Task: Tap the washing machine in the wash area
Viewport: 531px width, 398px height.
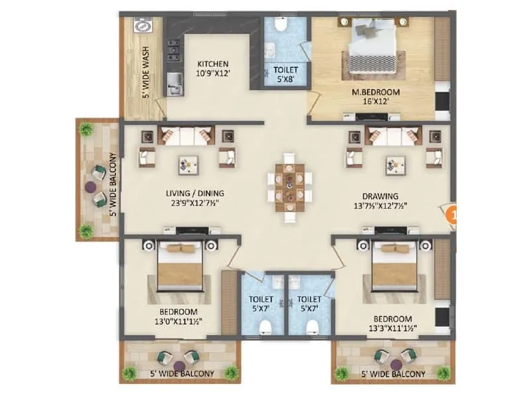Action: (x=142, y=27)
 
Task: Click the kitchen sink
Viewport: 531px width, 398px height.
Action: (x=175, y=84)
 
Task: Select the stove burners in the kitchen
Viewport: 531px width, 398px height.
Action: (x=173, y=50)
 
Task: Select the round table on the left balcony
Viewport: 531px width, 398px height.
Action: (x=91, y=187)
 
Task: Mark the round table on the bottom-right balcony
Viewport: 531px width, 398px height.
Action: (x=396, y=364)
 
